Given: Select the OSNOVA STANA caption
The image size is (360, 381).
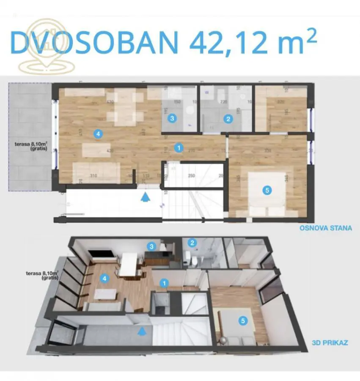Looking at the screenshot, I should coord(326,228).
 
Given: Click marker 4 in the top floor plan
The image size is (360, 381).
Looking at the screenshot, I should coord(98,134).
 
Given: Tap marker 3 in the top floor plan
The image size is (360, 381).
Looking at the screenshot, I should coord(172,119).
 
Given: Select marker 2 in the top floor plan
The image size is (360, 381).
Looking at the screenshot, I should coord(228,119).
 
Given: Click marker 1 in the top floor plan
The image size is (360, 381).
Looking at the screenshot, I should coord(179,148).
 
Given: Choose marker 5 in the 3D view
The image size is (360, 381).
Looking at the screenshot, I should coord(242,321).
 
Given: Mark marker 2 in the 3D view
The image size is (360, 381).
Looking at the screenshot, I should coord(192,243).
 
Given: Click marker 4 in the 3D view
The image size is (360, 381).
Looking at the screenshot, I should coord(104,279).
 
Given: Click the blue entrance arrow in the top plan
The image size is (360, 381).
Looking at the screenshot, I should coord(145,197).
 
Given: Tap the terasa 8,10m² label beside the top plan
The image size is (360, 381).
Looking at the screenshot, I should coord(30,146).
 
